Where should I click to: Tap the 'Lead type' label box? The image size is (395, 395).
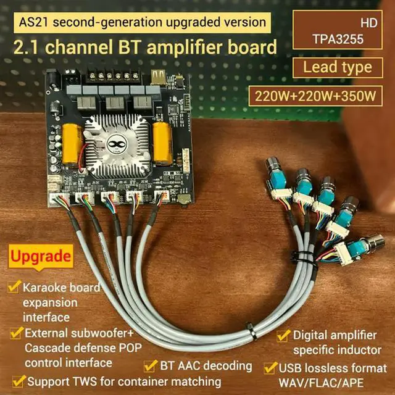(337, 67)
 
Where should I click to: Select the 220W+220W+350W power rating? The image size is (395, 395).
(315, 96)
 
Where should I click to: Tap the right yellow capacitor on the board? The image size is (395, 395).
(163, 143)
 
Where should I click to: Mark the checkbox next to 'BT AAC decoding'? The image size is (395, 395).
(149, 365)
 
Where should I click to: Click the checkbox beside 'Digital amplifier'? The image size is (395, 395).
(283, 336)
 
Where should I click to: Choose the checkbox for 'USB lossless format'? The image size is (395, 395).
(270, 368)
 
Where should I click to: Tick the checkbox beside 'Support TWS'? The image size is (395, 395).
(19, 380)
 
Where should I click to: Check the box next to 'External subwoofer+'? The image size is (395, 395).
(15, 333)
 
